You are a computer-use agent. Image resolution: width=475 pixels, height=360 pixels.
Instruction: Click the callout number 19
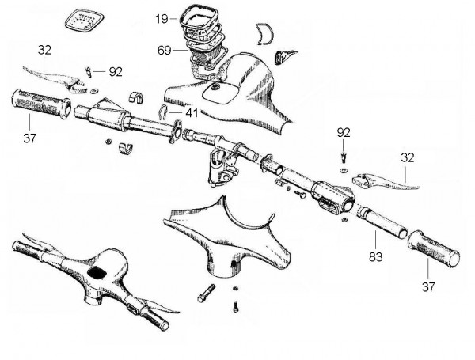[x=161, y=19]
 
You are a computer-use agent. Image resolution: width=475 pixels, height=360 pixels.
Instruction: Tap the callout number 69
[x=164, y=51]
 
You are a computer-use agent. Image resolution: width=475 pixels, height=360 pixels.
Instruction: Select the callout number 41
[x=192, y=113]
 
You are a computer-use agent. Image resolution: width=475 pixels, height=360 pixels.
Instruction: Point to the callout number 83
[x=375, y=257]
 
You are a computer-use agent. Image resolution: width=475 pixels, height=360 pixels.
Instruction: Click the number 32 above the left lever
[x=44, y=50]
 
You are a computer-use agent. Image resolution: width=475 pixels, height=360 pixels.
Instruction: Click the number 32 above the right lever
[x=408, y=157]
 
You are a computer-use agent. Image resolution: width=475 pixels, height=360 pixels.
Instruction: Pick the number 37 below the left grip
[x=30, y=138]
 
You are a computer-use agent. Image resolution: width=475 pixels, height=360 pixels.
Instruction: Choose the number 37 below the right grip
[x=428, y=286]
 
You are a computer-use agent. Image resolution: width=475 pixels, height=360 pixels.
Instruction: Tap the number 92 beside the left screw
[x=116, y=72]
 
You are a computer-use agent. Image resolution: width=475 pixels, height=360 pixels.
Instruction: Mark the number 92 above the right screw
[x=344, y=133]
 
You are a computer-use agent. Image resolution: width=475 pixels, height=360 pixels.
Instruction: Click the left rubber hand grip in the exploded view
[x=41, y=104]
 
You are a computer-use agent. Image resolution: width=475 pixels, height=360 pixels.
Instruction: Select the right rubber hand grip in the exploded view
[x=434, y=248]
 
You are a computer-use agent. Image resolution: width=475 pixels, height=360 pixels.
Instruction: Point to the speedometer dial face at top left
[x=85, y=21]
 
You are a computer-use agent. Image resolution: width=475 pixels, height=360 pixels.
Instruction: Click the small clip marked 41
[x=163, y=112]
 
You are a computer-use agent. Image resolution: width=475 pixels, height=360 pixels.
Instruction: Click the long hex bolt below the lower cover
[x=207, y=293]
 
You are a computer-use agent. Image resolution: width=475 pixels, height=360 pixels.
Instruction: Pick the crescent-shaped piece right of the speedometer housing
[x=265, y=33]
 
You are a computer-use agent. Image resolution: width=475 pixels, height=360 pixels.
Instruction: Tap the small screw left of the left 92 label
[x=89, y=72]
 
